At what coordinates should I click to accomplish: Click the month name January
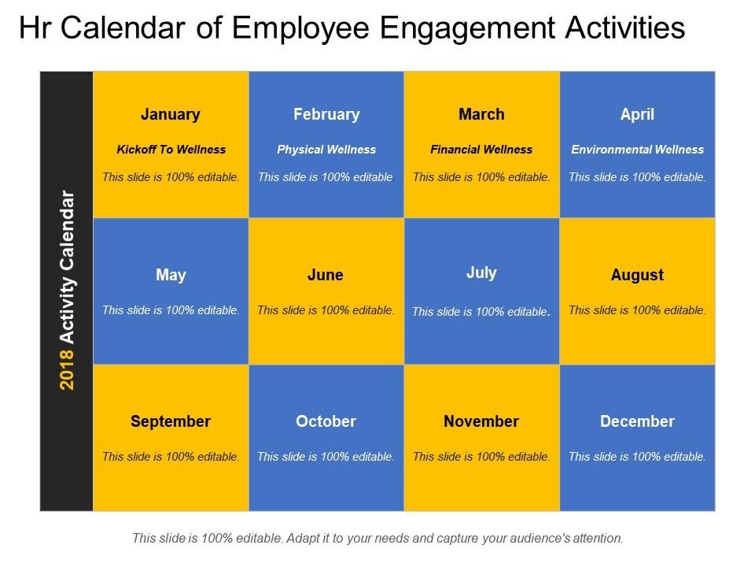click(171, 115)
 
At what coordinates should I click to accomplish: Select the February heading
click(326, 115)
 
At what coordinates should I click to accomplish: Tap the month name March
click(481, 114)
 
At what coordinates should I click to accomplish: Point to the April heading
click(637, 115)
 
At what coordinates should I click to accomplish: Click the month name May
click(171, 276)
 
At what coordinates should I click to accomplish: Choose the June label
click(326, 275)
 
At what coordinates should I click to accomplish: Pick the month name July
click(481, 273)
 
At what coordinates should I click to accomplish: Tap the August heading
click(637, 276)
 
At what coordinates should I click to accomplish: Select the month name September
click(171, 422)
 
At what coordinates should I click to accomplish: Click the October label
click(326, 421)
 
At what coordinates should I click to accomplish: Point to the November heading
click(481, 421)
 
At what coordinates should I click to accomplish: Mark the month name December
click(637, 421)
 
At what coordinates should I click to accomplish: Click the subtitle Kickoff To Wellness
click(171, 150)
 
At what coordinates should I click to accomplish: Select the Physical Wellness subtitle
click(326, 150)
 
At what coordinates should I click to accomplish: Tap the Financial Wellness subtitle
click(481, 150)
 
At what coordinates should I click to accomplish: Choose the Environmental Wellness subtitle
click(638, 150)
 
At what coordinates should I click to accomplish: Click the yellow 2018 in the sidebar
click(67, 370)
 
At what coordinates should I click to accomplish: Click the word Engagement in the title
click(467, 28)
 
